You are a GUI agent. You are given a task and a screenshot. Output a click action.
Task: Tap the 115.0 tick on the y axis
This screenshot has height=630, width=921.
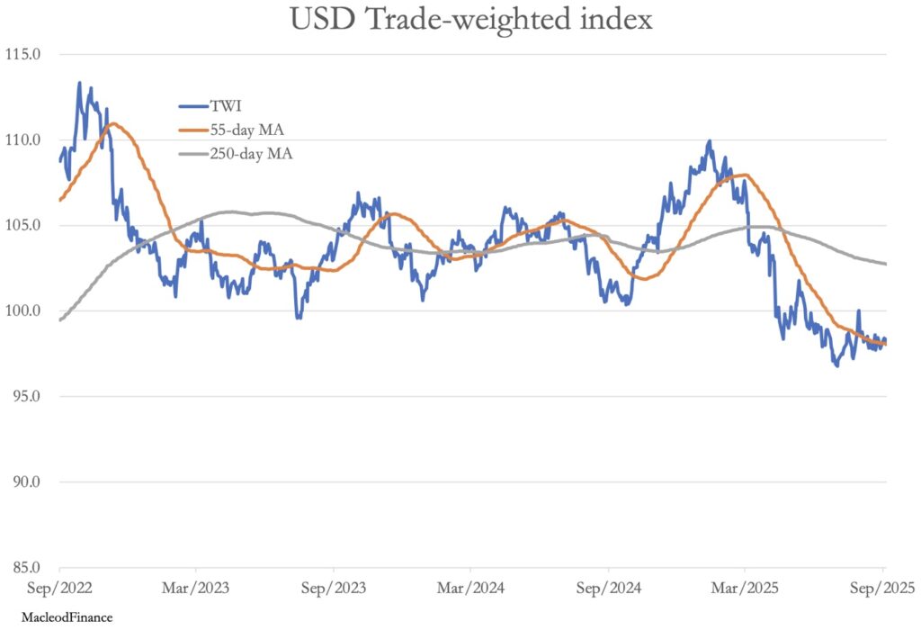24,54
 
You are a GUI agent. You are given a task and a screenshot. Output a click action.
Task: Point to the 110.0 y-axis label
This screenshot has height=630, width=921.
24,139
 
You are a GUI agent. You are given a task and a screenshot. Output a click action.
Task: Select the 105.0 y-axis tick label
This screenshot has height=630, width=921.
24,225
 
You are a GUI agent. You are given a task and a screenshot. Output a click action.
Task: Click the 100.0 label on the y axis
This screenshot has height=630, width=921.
24,310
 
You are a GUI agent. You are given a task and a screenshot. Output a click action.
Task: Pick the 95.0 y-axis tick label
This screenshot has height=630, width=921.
26,396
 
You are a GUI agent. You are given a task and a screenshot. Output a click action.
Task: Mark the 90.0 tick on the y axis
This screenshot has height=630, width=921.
26,481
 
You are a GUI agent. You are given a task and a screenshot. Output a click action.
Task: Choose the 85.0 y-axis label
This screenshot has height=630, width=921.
26,567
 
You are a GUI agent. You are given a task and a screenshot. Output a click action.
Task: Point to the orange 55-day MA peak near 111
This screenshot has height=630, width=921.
112,124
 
